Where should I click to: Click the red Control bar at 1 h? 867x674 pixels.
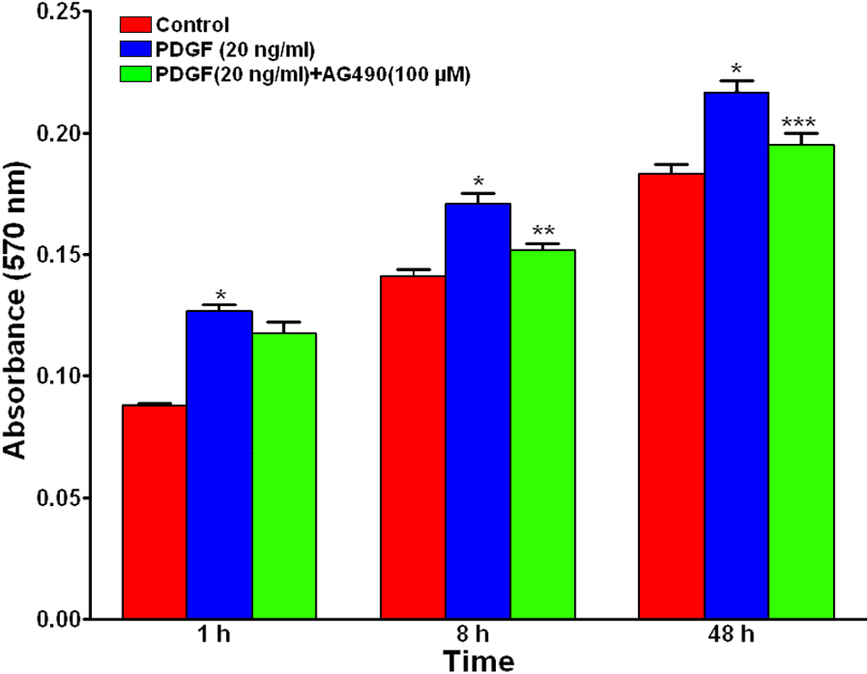click(x=154, y=511)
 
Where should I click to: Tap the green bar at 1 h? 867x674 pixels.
click(x=284, y=476)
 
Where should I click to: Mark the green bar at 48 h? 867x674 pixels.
click(x=802, y=381)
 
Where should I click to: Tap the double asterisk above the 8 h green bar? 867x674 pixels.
click(x=544, y=232)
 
